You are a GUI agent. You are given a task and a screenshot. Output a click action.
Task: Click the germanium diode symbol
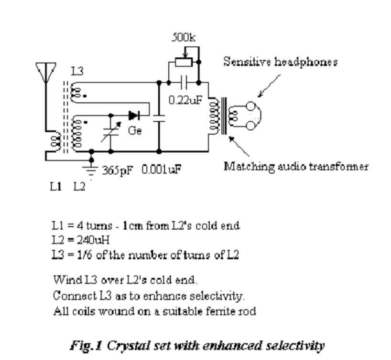[133, 115]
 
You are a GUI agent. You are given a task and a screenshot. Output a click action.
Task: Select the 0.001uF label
[161, 170]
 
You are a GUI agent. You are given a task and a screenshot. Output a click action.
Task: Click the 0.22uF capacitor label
[184, 101]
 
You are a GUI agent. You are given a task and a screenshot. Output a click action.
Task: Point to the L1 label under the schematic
[56, 187]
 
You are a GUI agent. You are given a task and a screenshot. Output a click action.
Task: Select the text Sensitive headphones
[281, 62]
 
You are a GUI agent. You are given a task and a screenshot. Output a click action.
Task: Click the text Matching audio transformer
[296, 167]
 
